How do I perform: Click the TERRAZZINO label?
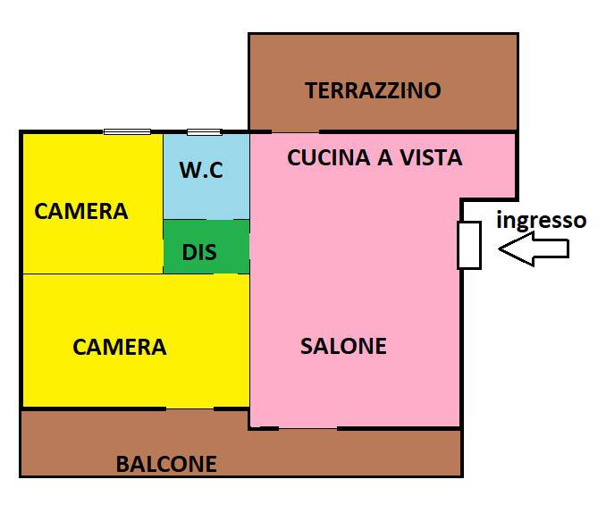pos(373,90)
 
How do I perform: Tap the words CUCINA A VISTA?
pos(375,157)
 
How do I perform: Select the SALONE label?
pos(343,346)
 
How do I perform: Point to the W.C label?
pos(201,170)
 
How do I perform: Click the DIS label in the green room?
pos(199,252)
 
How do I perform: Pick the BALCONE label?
pos(166,464)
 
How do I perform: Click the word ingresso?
pos(541,220)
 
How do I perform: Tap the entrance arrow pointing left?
pos(534,248)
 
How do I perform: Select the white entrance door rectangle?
pos(469,245)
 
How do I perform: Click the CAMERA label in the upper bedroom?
pos(80,211)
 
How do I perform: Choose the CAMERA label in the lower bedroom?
pos(120,347)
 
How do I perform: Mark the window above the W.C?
pos(205,132)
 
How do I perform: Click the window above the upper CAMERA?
pos(127,131)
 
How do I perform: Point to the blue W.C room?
pos(206,177)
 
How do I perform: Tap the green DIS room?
pos(206,247)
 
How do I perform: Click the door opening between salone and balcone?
pos(308,428)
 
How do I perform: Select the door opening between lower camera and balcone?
pos(189,408)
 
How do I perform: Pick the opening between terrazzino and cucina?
pos(296,132)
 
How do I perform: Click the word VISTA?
pos(431,157)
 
